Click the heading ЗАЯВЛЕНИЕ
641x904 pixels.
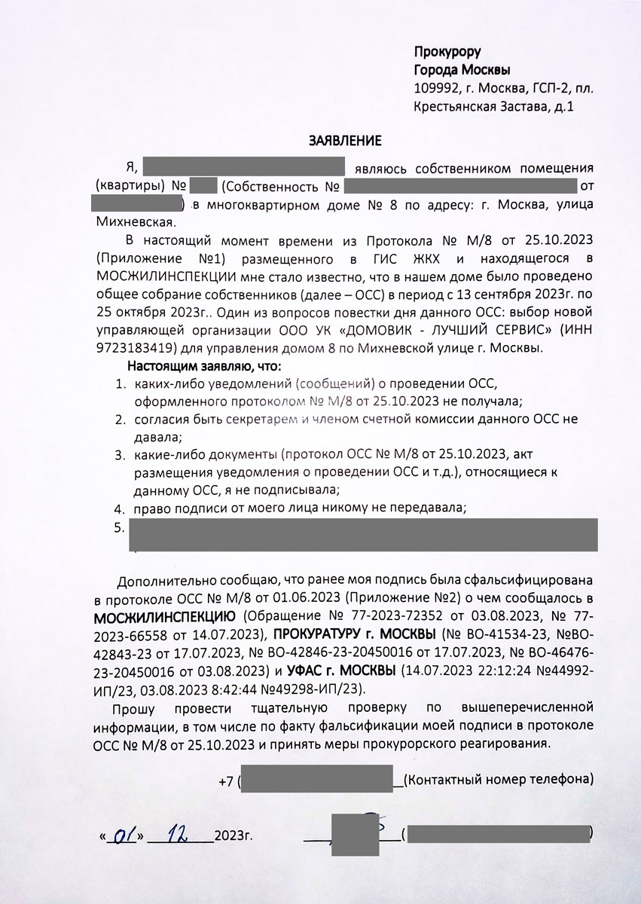(x=346, y=140)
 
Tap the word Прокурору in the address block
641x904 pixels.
(x=447, y=52)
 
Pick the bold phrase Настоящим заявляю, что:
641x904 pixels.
(x=204, y=367)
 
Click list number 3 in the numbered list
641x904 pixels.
(x=119, y=455)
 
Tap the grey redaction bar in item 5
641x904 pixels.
(x=363, y=534)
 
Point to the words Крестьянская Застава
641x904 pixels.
(x=481, y=106)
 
